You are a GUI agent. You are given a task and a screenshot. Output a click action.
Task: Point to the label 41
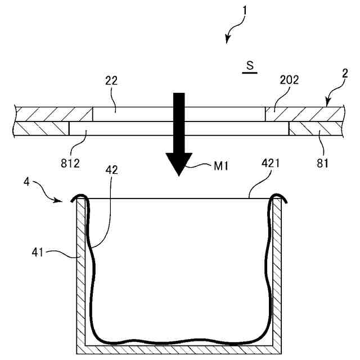pos(38,253)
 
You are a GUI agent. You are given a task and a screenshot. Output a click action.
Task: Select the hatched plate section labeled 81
pos(315,129)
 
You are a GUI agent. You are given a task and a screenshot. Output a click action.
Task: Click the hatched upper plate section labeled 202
pos(304,114)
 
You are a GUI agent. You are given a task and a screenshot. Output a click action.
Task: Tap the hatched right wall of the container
pos(277,276)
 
